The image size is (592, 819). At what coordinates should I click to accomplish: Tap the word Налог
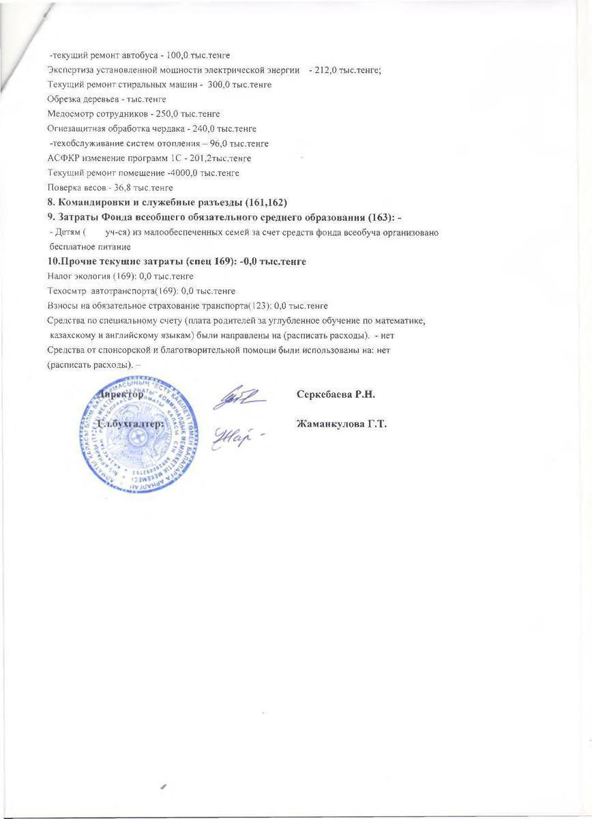point(60,276)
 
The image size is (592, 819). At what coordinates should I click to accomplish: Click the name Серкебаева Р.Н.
point(337,394)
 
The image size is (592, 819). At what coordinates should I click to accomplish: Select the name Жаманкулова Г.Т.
point(342,424)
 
